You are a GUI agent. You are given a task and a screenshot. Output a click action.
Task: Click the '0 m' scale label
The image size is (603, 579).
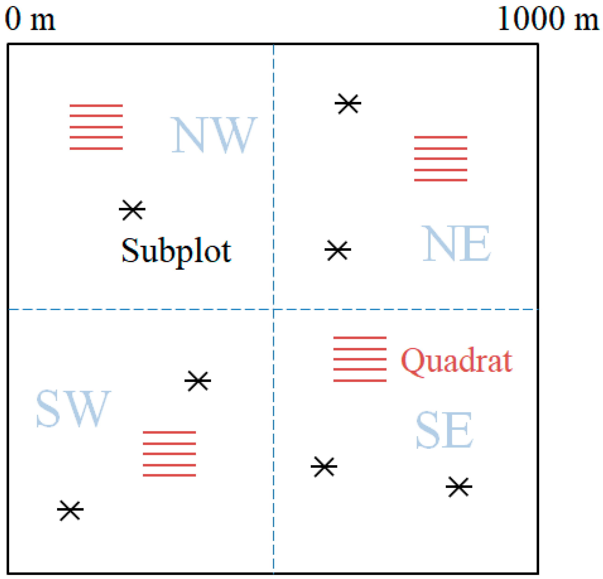[x=30, y=19]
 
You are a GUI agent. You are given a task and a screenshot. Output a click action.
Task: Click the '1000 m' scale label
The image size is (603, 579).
[x=548, y=19]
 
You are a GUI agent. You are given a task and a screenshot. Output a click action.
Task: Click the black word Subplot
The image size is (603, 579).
[x=176, y=251]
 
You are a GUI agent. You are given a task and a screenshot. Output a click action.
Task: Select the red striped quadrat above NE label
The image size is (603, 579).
[x=441, y=158]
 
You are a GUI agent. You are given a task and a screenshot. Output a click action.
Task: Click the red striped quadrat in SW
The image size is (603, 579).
[x=169, y=454]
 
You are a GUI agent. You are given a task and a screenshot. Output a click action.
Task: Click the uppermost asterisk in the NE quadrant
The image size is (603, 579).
[x=348, y=104]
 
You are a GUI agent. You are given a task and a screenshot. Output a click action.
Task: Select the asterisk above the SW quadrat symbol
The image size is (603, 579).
[x=198, y=381]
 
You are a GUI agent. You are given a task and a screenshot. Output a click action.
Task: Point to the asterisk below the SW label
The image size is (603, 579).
[x=70, y=510]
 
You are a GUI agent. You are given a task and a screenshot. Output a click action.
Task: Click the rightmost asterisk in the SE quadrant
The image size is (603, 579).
[x=459, y=487]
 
